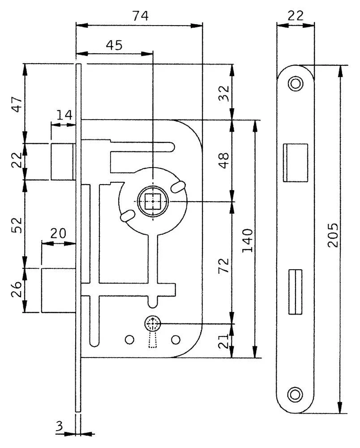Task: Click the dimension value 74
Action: coord(141,16)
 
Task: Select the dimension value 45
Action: coord(114,45)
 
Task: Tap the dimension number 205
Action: coord(333,235)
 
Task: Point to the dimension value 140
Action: coord(248,240)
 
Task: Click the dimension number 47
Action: coord(17,104)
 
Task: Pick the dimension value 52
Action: coord(17,225)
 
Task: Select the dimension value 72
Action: coord(224,265)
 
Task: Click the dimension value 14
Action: coord(64,115)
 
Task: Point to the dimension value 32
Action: coord(224,93)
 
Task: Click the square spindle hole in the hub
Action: coord(153,201)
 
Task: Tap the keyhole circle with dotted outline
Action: coord(153,323)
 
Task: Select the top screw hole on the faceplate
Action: coord(296,84)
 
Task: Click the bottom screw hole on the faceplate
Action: coord(295,395)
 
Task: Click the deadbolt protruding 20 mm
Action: coord(59,290)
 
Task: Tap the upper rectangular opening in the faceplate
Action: coord(295,163)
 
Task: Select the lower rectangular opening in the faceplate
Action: coord(295,292)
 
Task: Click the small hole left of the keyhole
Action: coord(129,340)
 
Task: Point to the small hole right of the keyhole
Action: coord(176,340)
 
